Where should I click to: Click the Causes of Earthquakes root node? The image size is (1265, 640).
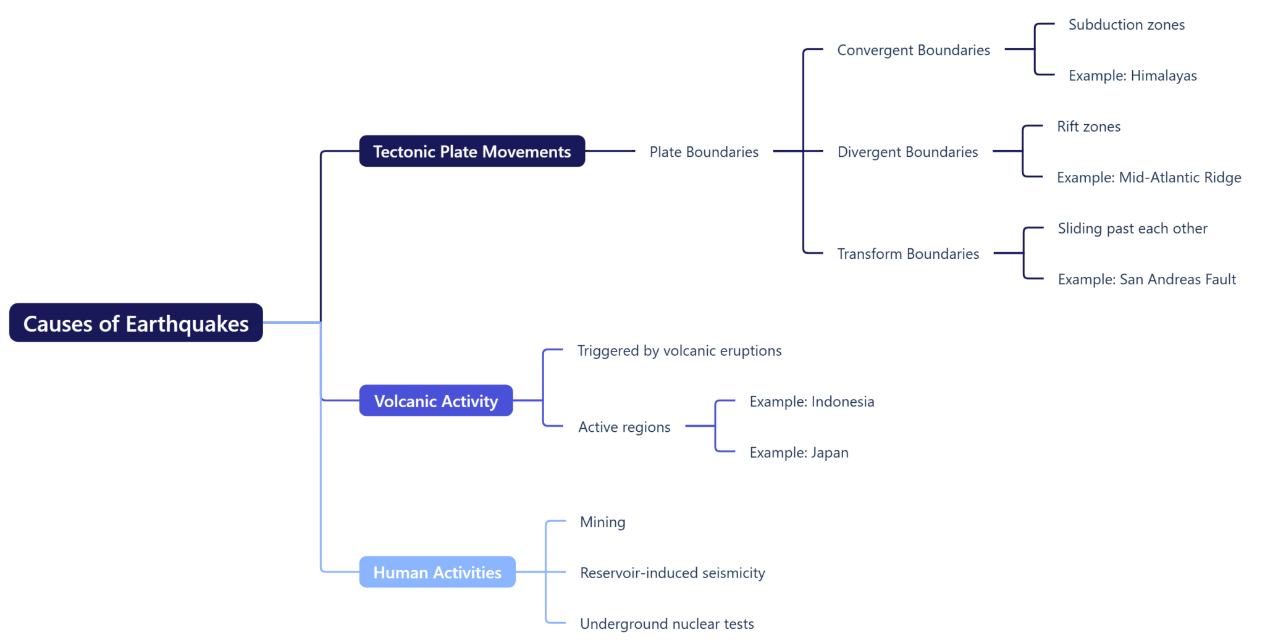(136, 323)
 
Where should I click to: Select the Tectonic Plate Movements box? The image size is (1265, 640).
(472, 151)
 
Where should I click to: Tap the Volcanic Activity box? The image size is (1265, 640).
(436, 401)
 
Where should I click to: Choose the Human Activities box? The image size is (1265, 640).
(437, 572)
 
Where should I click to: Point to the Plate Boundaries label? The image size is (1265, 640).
(704, 152)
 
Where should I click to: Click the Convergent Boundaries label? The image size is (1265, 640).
(913, 50)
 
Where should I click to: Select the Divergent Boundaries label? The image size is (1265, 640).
(907, 152)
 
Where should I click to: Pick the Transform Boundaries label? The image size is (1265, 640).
(908, 254)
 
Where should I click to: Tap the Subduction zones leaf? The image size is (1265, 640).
(1126, 25)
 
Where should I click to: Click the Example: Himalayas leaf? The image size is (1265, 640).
(1132, 75)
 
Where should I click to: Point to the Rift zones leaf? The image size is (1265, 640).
(1088, 127)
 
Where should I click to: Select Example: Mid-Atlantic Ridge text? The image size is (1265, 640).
(1148, 177)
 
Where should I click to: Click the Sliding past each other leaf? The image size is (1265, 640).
(1132, 229)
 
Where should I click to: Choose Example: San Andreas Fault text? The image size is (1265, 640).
(1146, 279)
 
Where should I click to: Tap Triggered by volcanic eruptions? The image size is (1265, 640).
(679, 351)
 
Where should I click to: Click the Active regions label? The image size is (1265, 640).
(624, 427)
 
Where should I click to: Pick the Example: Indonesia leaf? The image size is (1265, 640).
(812, 402)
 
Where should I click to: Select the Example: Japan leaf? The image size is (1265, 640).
(799, 452)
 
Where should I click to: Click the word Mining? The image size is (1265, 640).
(602, 522)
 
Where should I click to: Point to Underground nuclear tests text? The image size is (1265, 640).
(666, 624)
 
